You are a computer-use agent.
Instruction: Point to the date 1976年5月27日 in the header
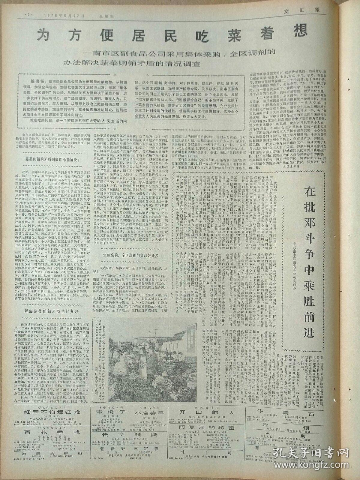pos(60,14)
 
